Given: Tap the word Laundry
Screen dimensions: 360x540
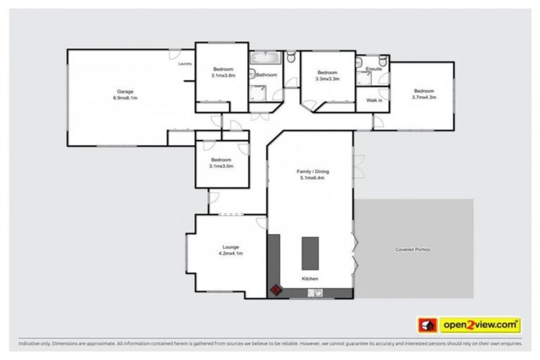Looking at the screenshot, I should (x=185, y=64).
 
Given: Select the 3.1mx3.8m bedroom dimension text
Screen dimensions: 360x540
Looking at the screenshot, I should (x=223, y=76).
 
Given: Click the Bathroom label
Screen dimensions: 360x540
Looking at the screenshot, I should (x=266, y=75).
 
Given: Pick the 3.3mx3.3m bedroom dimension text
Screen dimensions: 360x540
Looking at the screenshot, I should (x=328, y=79).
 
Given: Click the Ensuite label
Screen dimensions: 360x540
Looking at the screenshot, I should (x=374, y=69).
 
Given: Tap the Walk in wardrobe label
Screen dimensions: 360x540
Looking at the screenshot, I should (x=374, y=101).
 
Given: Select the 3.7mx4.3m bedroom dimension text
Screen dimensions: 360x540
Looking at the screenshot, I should (x=423, y=97).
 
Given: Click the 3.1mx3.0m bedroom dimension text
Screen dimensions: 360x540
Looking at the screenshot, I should (x=221, y=166).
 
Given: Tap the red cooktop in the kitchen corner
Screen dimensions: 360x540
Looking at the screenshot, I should (x=275, y=288).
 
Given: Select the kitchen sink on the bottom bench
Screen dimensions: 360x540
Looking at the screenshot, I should (x=309, y=292).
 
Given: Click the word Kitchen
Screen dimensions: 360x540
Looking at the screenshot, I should (x=310, y=279).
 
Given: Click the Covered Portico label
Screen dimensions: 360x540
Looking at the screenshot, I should (x=413, y=250).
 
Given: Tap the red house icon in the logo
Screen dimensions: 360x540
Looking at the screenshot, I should (x=427, y=325).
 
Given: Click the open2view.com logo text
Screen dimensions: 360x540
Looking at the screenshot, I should (x=480, y=325).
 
